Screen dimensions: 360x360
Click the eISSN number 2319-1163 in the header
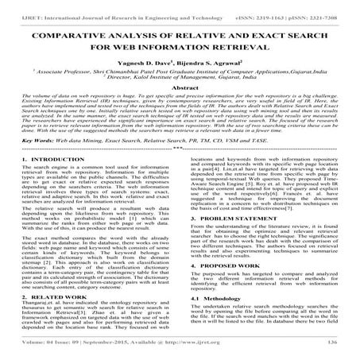[281, 7]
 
